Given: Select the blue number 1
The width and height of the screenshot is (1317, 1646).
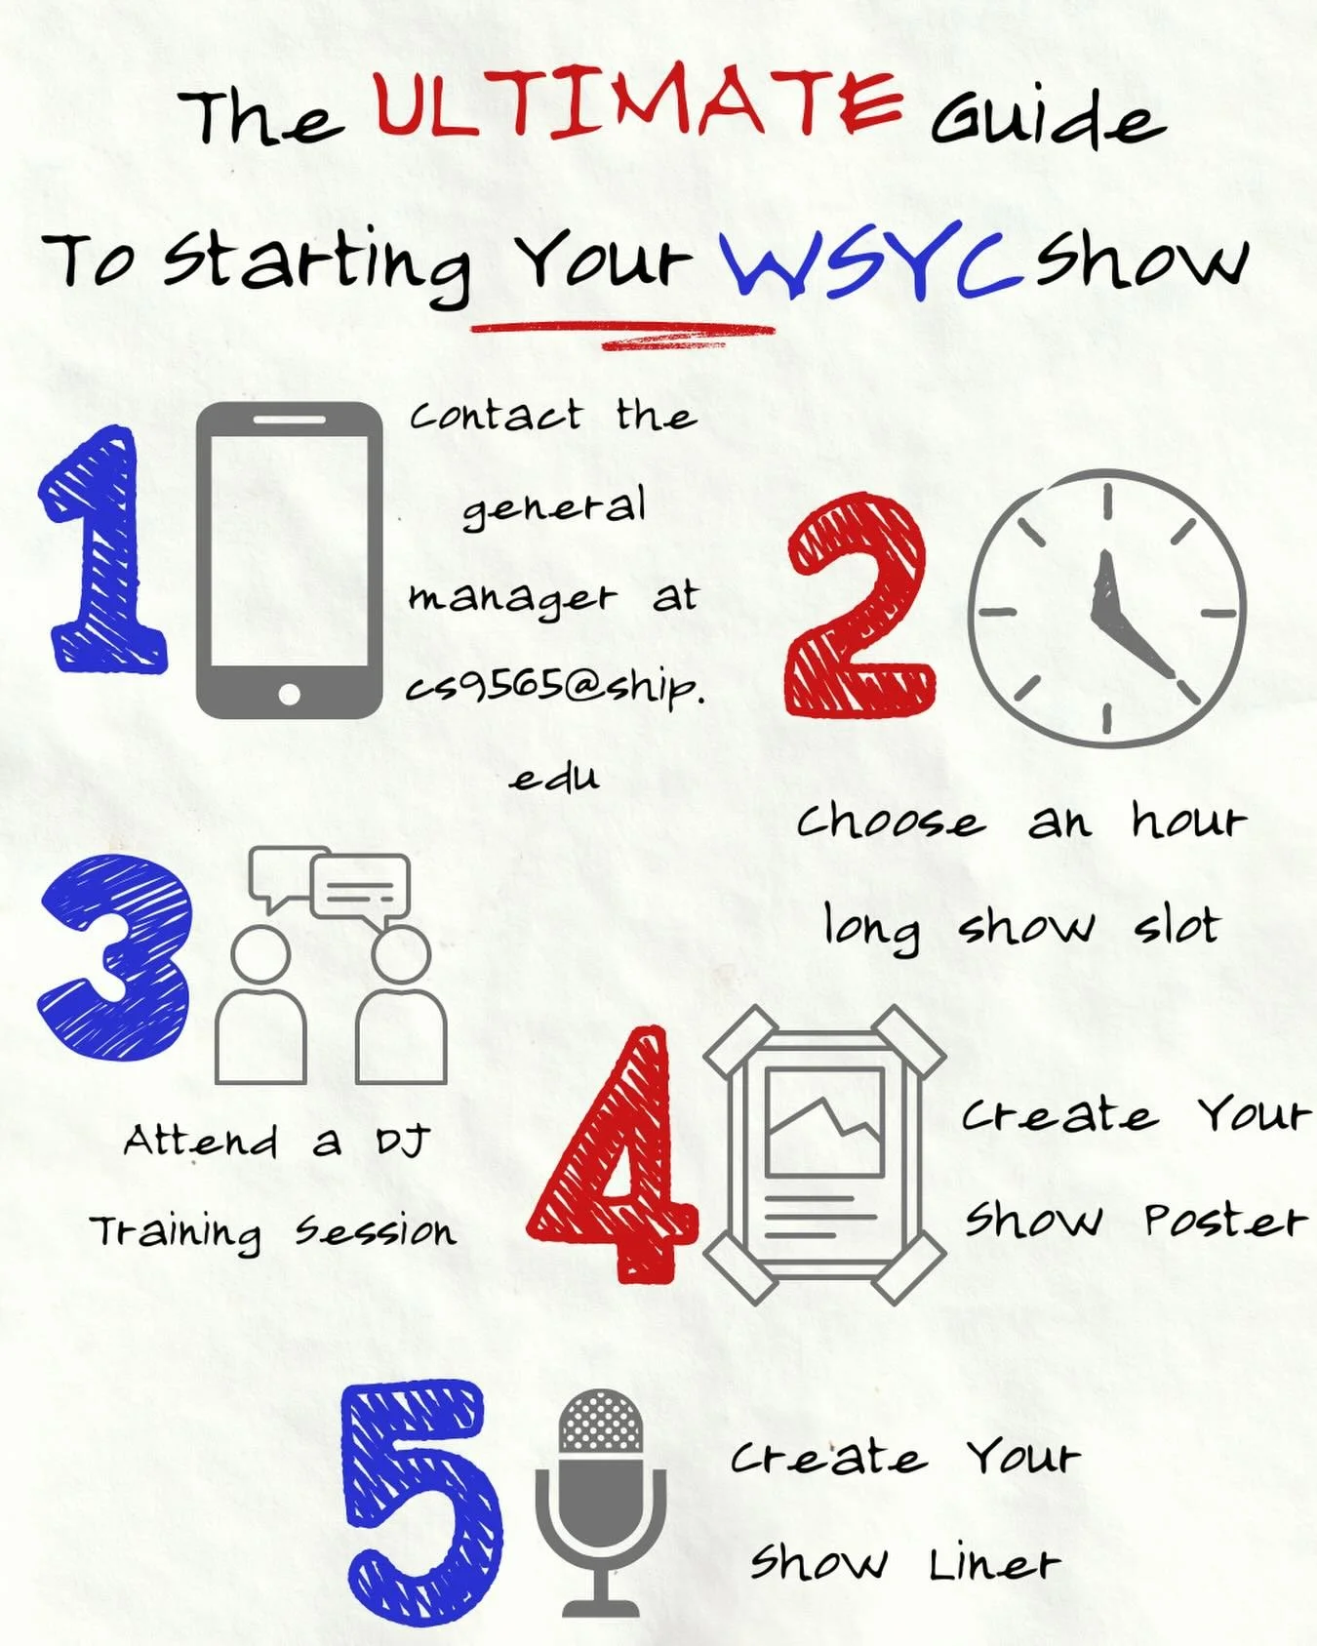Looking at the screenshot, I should coord(101,551).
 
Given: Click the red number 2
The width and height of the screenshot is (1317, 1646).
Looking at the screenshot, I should coord(858,605).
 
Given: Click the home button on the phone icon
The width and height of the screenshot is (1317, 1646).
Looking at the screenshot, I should coord(289,694).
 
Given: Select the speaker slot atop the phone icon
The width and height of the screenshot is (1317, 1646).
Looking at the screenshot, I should coord(289,420).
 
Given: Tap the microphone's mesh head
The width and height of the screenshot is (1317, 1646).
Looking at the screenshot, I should coord(601,1421).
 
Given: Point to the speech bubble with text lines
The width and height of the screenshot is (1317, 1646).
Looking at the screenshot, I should coord(359,886).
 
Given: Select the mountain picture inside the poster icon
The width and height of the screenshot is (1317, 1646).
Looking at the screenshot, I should coord(824,1122).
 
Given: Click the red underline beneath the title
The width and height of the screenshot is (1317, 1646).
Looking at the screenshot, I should coord(624,333).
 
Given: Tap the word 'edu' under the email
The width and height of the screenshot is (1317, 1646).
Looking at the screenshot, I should coord(554,777).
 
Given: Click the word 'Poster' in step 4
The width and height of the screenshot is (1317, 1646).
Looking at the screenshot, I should coord(1224,1220).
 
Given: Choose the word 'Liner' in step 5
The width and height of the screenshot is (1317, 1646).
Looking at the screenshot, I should coord(993,1564).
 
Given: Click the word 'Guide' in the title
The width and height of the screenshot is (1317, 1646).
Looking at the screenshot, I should coord(1048,119).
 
